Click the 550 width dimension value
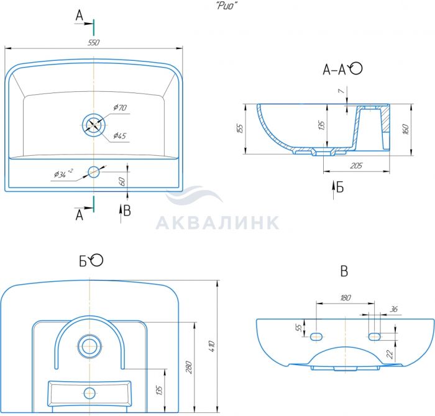click(x=93, y=43)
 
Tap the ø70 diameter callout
click(x=120, y=107)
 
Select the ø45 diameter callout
click(x=120, y=136)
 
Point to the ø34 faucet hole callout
click(x=63, y=173)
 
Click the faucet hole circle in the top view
click(x=94, y=172)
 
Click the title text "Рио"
click(x=227, y=6)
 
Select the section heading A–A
click(x=334, y=70)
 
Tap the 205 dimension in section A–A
click(x=356, y=166)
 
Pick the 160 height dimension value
click(x=405, y=129)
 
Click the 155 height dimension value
click(x=240, y=129)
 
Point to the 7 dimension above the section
click(x=342, y=91)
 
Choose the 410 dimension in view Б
click(x=212, y=346)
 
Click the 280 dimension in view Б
click(x=189, y=368)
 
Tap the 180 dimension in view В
click(x=346, y=297)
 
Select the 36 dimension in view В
click(x=393, y=309)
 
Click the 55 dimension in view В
click(x=299, y=328)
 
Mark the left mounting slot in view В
click(x=316, y=337)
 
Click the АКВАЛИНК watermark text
click(x=217, y=222)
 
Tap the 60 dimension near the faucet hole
click(x=122, y=181)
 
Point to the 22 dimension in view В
click(x=390, y=354)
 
